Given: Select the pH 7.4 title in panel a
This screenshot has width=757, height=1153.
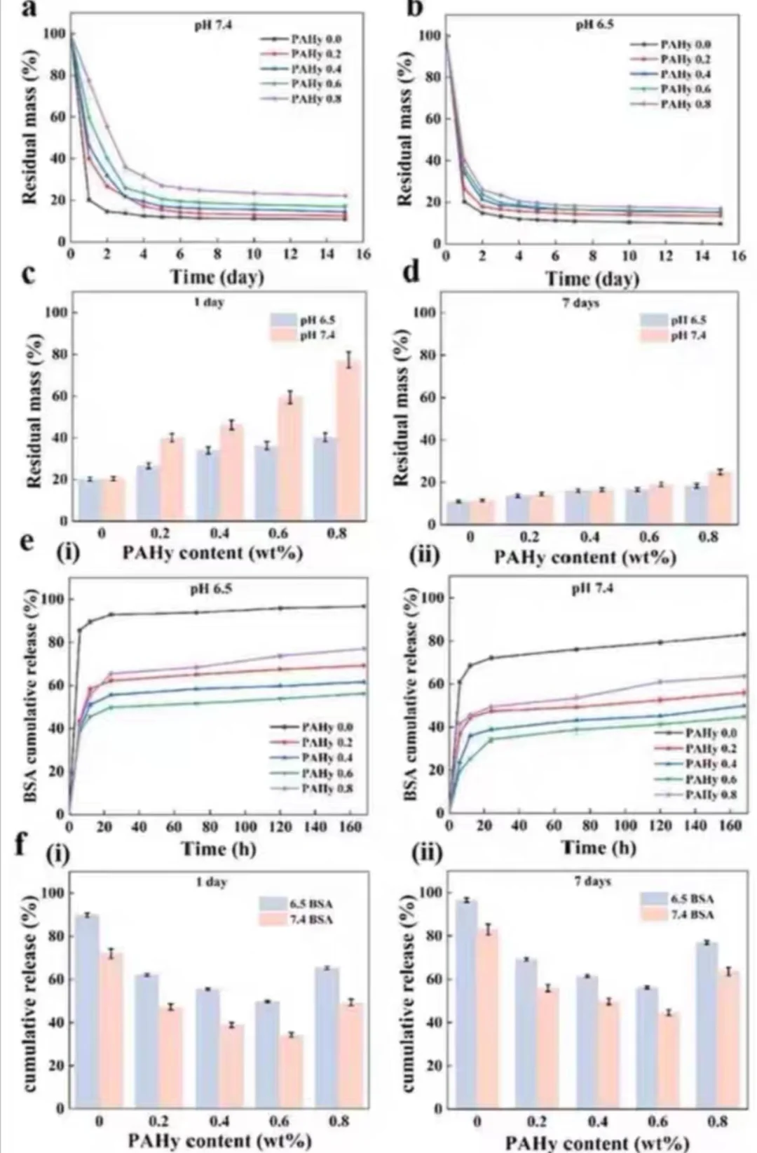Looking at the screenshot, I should [213, 25].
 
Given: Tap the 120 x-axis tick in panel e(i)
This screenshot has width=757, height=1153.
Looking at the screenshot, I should [280, 827].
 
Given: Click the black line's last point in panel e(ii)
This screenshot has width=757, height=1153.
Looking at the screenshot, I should [744, 634].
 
